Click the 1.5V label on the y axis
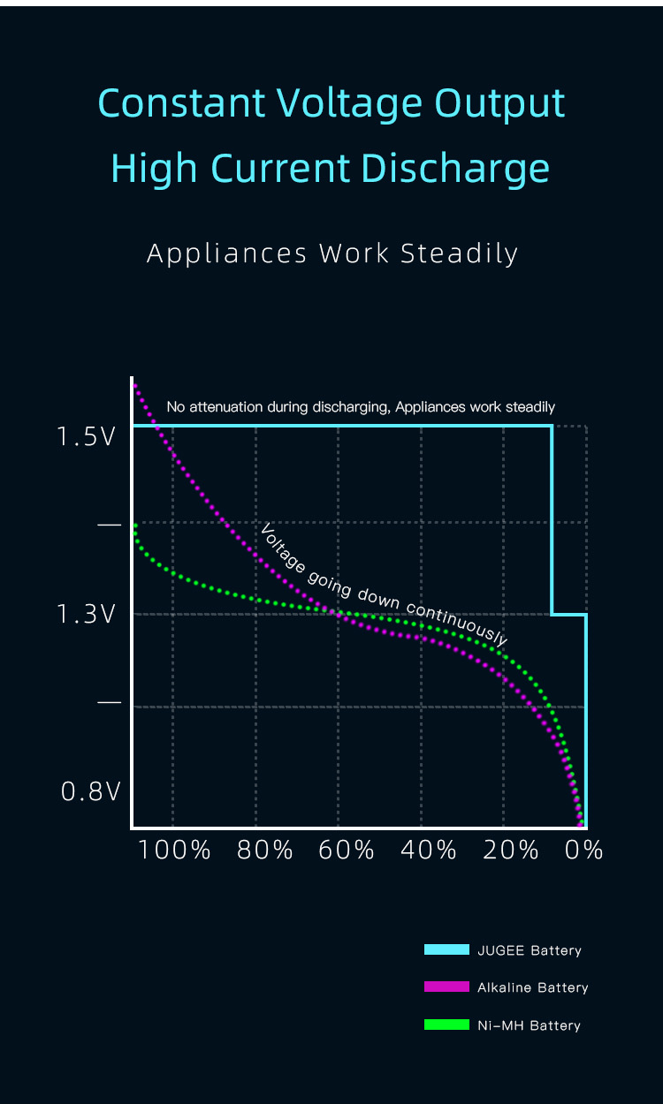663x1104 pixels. click(86, 436)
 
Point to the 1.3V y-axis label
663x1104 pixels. click(86, 614)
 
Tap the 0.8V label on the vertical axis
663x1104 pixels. click(90, 791)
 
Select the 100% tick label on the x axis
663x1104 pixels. click(175, 851)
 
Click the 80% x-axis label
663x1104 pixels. click(265, 851)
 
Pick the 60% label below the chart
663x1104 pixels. click(347, 851)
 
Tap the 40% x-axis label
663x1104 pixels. click(429, 851)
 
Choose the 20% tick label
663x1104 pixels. click(511, 851)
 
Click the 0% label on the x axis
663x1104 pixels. click(584, 851)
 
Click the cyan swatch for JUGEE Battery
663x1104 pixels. click(446, 949)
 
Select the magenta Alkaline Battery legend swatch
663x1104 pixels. click(446, 987)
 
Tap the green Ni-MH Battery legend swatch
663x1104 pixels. click(446, 1025)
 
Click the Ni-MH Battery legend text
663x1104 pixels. click(529, 1025)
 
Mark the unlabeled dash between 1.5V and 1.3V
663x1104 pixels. click(110, 525)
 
